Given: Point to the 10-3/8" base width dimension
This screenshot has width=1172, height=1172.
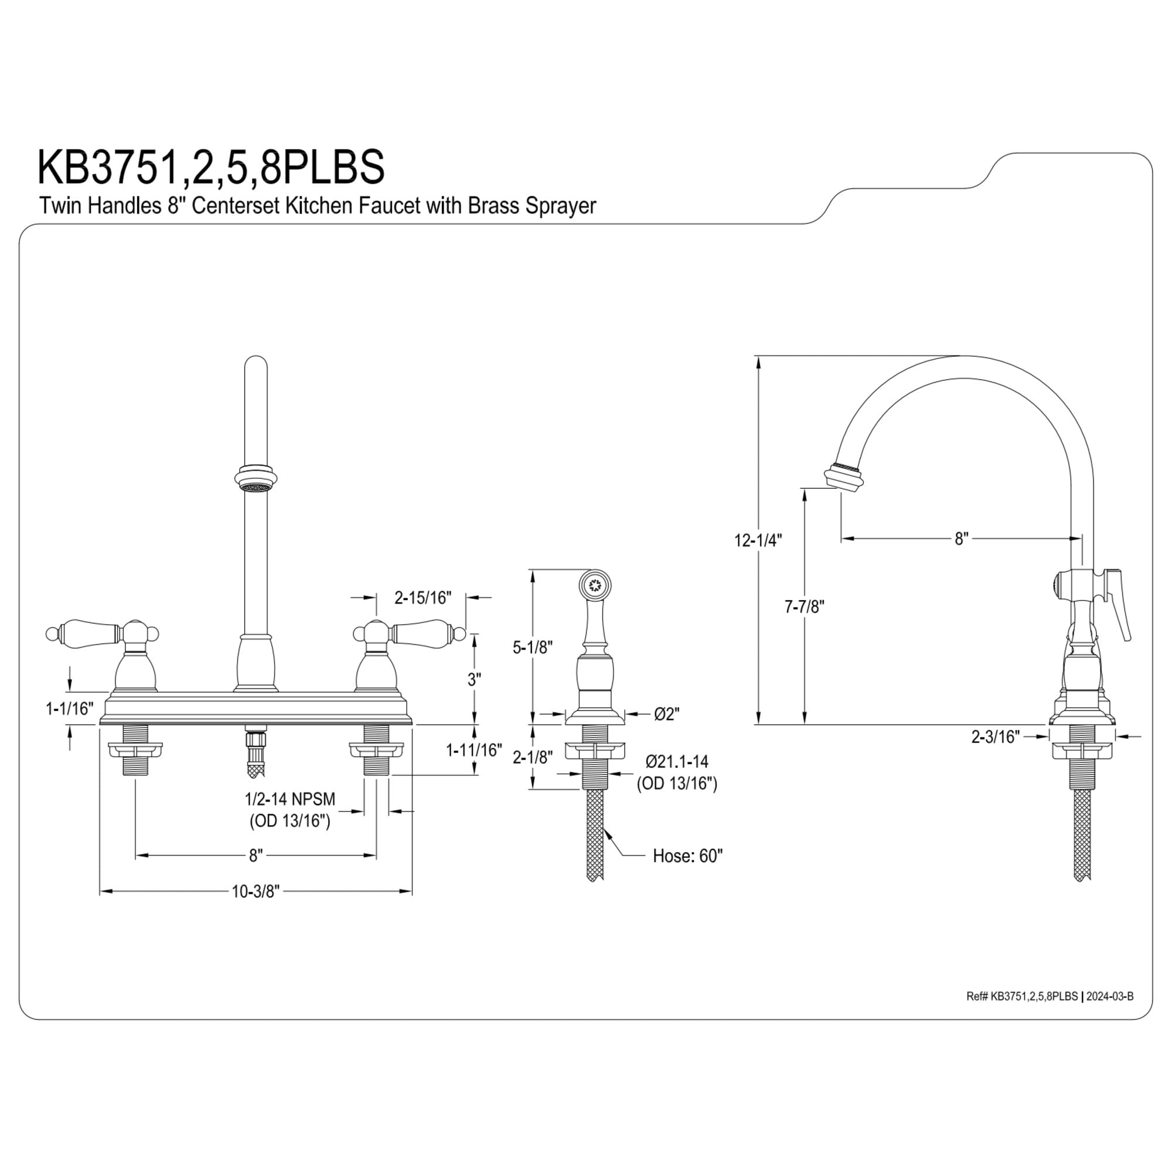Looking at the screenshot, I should coord(255,892).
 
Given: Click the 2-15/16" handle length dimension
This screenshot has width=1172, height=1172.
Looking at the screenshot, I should coord(423,598).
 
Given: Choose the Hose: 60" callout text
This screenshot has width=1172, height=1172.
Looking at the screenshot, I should coord(687,856).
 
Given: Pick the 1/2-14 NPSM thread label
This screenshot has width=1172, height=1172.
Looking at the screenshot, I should coord(290,798).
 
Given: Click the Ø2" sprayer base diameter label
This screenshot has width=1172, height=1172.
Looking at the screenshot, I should coord(667,714).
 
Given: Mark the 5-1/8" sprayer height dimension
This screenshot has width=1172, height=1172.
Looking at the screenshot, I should coord(531,648).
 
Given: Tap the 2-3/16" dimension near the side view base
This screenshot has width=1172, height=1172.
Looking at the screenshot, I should coord(996,737).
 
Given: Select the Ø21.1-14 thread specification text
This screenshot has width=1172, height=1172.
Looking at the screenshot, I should coord(677,761).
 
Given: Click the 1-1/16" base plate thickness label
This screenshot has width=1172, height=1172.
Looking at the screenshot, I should coord(70,708).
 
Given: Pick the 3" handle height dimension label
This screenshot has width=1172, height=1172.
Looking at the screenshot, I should coord(473,679).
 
